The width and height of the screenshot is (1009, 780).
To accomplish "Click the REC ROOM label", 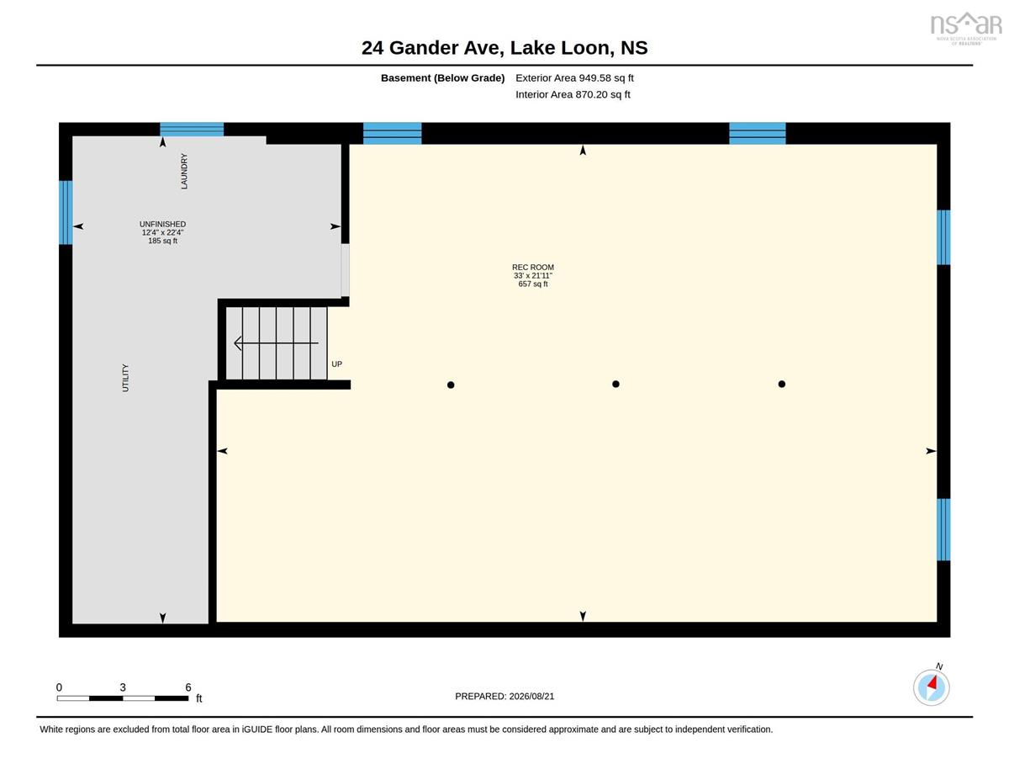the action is pyautogui.click(x=532, y=267).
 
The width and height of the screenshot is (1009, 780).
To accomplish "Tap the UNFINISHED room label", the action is pyautogui.click(x=162, y=224).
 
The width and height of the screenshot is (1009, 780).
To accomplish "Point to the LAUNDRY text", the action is pyautogui.click(x=184, y=172).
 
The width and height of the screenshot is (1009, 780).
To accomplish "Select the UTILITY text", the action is pyautogui.click(x=125, y=378).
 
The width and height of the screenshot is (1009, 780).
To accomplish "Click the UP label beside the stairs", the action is pyautogui.click(x=336, y=364).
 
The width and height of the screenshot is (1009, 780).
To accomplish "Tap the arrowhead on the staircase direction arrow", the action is pyautogui.click(x=238, y=343).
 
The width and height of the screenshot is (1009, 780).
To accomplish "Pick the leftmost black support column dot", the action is pyautogui.click(x=451, y=385).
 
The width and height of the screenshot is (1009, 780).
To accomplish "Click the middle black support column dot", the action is pyautogui.click(x=615, y=384).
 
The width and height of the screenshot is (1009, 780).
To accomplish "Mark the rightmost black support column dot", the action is pyautogui.click(x=782, y=384).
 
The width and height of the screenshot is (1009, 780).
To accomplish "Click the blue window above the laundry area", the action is pyautogui.click(x=192, y=129).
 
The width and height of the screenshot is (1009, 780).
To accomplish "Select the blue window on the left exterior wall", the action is pyautogui.click(x=66, y=212).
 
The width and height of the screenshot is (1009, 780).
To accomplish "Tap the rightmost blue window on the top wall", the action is pyautogui.click(x=758, y=133).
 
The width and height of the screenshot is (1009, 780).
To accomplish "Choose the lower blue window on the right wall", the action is pyautogui.click(x=943, y=529).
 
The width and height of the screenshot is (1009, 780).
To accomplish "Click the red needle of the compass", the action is pyautogui.click(x=932, y=682).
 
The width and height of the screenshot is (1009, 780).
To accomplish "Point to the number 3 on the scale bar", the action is pyautogui.click(x=123, y=687).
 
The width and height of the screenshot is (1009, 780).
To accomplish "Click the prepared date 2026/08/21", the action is pyautogui.click(x=531, y=696).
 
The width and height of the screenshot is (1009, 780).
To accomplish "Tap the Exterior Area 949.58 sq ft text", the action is pyautogui.click(x=574, y=78).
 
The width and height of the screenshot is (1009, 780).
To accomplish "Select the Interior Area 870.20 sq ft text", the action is pyautogui.click(x=573, y=94).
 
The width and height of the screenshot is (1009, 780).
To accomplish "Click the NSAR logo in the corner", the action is pyautogui.click(x=966, y=27).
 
